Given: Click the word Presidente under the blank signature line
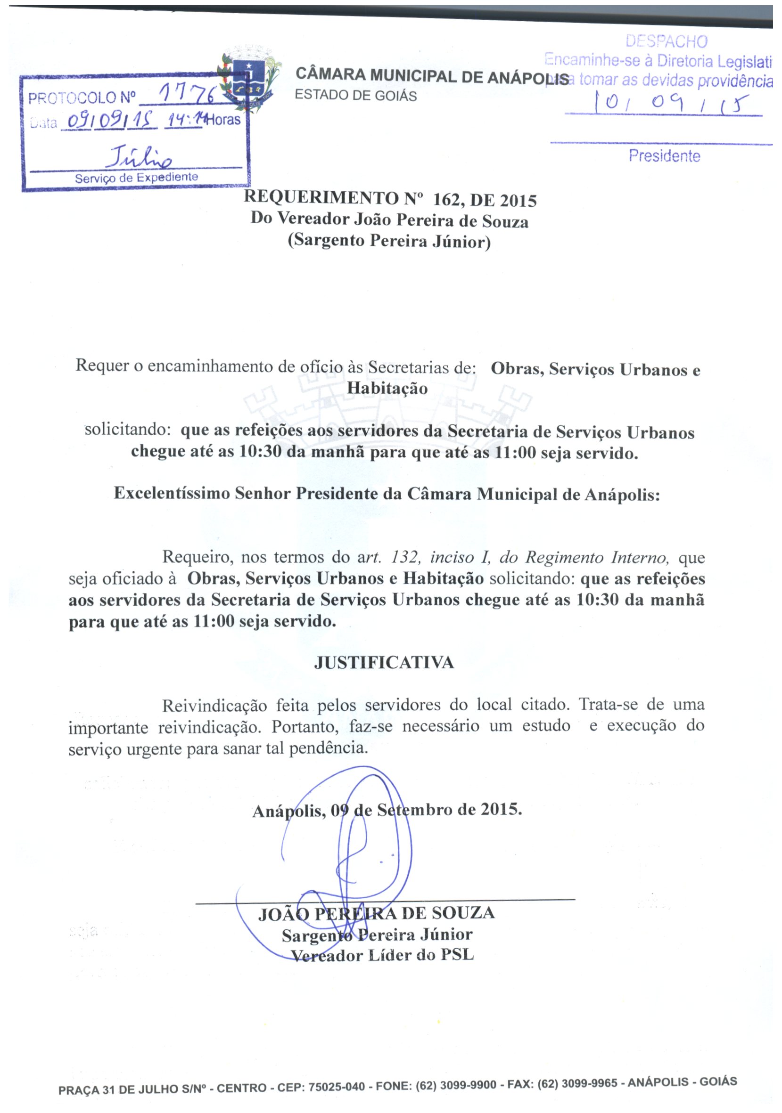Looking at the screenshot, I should (x=664, y=156).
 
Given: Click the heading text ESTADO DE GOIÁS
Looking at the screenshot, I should (x=355, y=96).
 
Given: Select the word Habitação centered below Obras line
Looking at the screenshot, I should (x=387, y=388).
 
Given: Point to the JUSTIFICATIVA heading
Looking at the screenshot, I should (x=384, y=662).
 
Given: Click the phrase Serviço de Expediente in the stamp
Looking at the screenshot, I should (x=136, y=178).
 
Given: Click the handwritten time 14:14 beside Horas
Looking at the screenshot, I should (x=184, y=119).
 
